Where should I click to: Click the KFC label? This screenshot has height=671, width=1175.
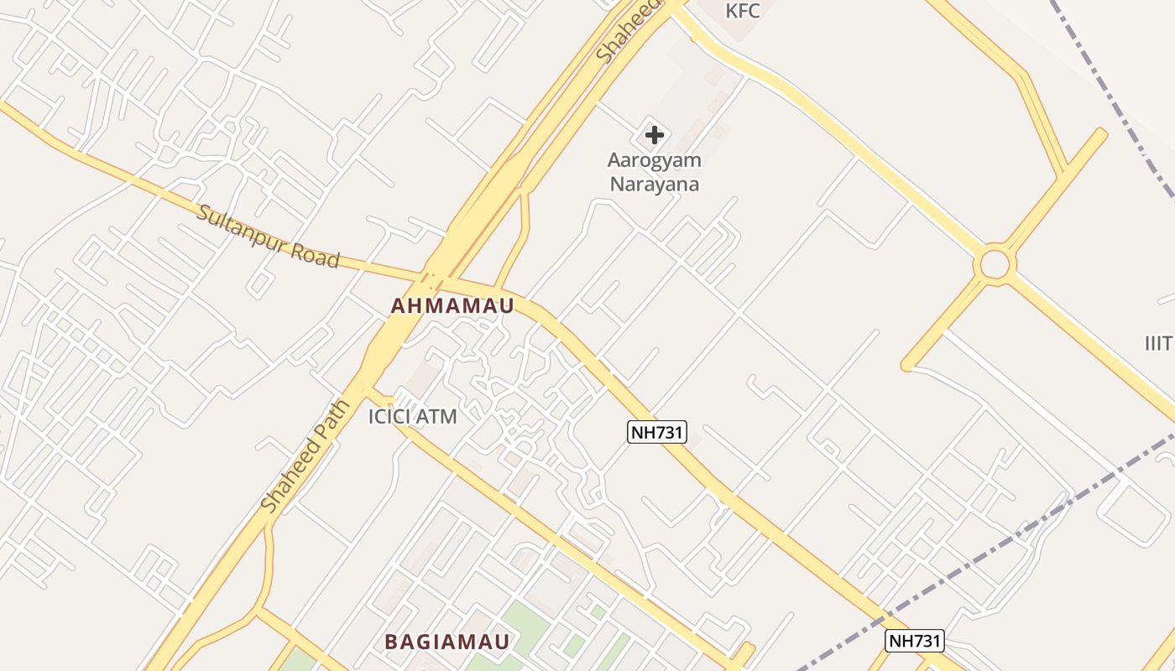point(743,11)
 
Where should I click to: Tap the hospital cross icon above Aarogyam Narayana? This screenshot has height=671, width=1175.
point(655,135)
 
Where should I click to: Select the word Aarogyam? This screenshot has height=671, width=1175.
point(654,160)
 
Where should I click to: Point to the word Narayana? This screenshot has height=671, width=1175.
point(654,184)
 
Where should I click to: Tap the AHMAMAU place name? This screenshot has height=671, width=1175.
point(452,306)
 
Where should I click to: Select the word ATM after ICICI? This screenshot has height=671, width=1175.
point(439,416)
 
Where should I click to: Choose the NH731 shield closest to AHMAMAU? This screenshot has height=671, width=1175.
point(657,433)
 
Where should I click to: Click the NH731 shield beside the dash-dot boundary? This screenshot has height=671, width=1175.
point(915,641)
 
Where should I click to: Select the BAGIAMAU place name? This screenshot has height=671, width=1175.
point(447,642)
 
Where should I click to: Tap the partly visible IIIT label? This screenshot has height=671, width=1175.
point(1160,342)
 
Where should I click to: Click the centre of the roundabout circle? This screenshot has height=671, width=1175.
point(995,265)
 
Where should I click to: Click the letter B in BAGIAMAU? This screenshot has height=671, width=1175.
point(391,642)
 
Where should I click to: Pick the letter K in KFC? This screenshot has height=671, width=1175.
point(731,11)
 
